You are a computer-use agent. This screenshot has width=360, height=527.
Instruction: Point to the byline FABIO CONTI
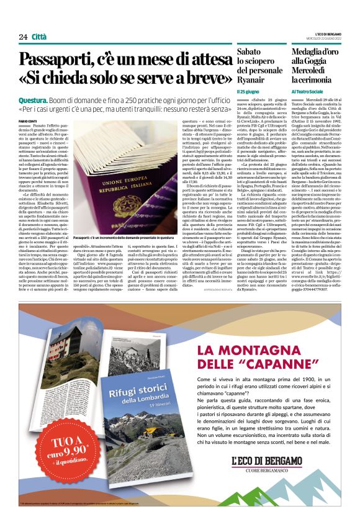click(x=28, y=120)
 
